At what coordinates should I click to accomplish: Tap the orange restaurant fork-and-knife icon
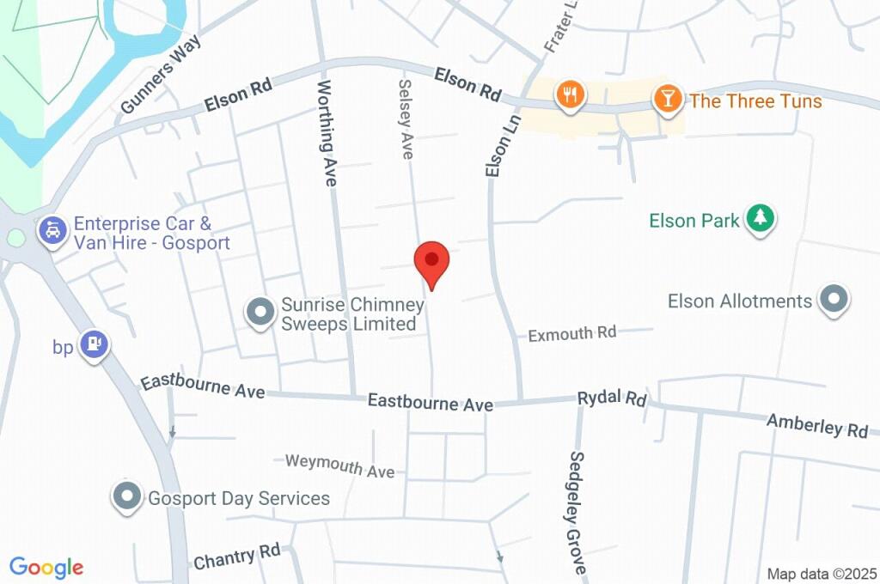pos(570,94)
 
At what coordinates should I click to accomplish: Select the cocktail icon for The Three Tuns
pos(667,98)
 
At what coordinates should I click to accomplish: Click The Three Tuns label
pos(755,101)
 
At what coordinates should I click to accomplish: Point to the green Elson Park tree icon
pos(760,218)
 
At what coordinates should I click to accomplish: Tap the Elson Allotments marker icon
pos(833,300)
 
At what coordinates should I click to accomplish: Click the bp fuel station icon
pos(93,345)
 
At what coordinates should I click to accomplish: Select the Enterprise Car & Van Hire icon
pos(53,230)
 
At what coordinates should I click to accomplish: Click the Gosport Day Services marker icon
pos(127,496)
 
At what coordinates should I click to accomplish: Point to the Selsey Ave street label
pos(405,119)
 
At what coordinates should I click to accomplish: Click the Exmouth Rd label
pos(571,333)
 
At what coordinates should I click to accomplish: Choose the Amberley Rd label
pos(816,425)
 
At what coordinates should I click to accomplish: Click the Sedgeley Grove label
pos(577,513)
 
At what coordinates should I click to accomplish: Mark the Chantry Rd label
pos(237,557)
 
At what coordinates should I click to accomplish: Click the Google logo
pos(46,567)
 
